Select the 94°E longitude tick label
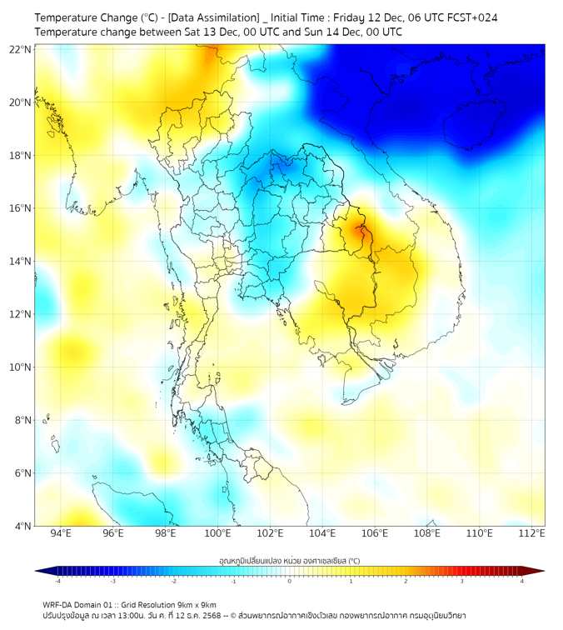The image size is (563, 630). (61, 533)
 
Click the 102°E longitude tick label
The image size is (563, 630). (270, 533)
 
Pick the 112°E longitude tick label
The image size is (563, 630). (531, 533)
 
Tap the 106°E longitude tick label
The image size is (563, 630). (375, 533)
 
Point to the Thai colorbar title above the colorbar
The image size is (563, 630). (289, 561)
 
